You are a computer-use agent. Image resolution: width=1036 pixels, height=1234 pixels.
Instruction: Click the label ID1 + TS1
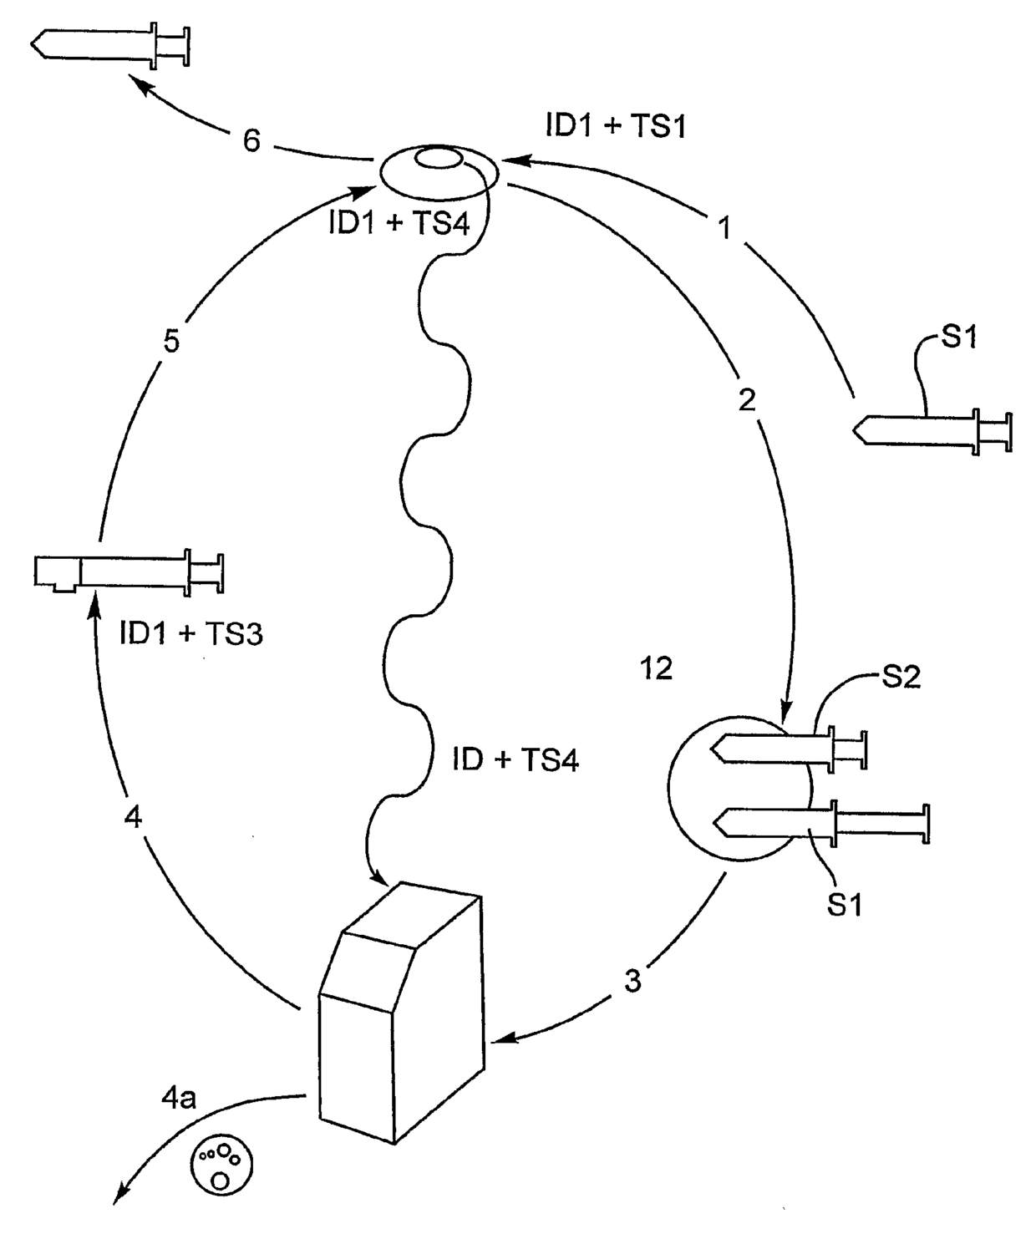coord(615,125)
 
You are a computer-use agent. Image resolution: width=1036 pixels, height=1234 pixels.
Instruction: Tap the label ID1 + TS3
coord(191,634)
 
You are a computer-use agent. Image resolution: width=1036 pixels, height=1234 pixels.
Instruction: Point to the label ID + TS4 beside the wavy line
coord(515,759)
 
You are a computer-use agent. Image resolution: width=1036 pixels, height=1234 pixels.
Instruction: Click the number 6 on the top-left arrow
coord(251,141)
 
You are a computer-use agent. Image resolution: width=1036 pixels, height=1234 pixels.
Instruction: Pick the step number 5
coord(171,343)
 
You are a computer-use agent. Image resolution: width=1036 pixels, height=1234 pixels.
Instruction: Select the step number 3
coord(632,981)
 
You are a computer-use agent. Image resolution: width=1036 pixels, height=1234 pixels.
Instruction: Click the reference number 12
coord(656,668)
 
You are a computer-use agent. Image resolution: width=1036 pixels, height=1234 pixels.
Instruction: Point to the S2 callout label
coord(901,676)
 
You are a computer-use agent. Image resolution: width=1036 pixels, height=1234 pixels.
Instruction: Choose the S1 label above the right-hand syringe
coord(958,338)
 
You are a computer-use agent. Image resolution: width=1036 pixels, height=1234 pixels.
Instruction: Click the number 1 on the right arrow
coord(725,227)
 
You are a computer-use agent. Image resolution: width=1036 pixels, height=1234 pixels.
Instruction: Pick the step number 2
coord(747,400)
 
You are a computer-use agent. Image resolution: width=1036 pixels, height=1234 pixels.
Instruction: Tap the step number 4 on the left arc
coord(132,816)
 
